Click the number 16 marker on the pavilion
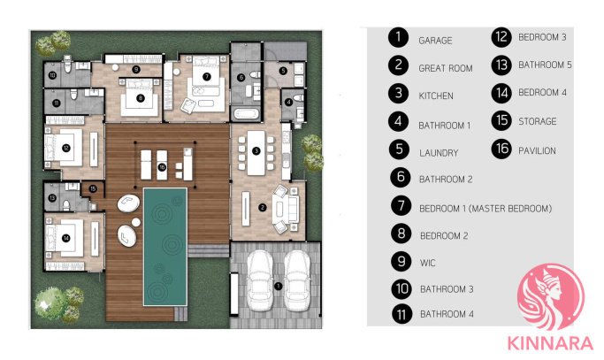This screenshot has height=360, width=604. pyautogui.click(x=162, y=167)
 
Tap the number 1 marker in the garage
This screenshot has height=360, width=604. pyautogui.click(x=278, y=286)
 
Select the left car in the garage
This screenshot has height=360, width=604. pyautogui.click(x=260, y=280)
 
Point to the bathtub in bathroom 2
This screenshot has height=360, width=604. pyautogui.click(x=245, y=114)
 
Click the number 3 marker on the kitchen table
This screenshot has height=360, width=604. pyautogui.click(x=256, y=150)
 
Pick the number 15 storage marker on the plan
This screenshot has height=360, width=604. pyautogui.click(x=93, y=189)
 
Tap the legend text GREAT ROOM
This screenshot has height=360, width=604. pyautogui.click(x=446, y=68)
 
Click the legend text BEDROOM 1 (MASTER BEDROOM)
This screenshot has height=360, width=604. pyautogui.click(x=485, y=209)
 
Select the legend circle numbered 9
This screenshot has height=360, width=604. pyautogui.click(x=401, y=261)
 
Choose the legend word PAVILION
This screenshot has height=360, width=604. pyautogui.click(x=537, y=150)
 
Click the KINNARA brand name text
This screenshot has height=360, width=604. pyautogui.click(x=550, y=343)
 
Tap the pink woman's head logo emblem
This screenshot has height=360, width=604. pyautogui.click(x=551, y=297)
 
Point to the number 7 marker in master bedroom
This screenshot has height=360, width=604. pyautogui.click(x=207, y=77)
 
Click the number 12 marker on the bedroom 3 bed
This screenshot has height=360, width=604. pyautogui.click(x=66, y=148)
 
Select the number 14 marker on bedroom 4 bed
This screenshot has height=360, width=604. pyautogui.click(x=66, y=238)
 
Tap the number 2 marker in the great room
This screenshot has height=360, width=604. pyautogui.click(x=263, y=208)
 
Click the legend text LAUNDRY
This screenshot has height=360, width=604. pyautogui.click(x=439, y=153)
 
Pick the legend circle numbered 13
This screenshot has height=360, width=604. pyautogui.click(x=501, y=65)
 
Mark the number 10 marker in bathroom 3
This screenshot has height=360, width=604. pyautogui.click(x=52, y=75)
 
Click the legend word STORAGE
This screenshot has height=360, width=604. pyautogui.click(x=538, y=121)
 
